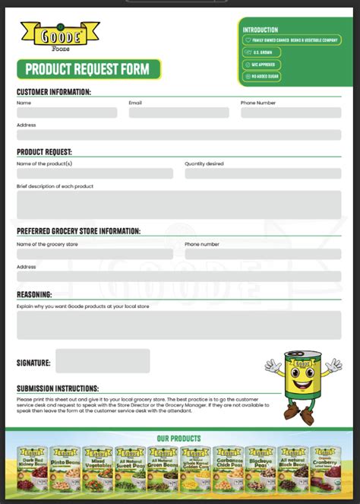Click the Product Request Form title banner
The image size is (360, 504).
coord(88,70)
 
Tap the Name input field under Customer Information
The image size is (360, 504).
coord(67,113)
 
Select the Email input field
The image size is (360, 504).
coord(178,113)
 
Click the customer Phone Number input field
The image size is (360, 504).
coord(291,113)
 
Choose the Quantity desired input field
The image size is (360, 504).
coord(263,173)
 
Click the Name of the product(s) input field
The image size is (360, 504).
coord(95,173)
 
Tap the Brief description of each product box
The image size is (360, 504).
coord(178,204)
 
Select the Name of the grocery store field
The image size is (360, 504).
coord(95,254)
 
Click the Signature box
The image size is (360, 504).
coord(103,361)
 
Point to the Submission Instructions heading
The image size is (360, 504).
coord(58,388)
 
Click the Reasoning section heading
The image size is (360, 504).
coord(34,294)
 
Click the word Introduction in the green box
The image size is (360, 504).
coord(261,30)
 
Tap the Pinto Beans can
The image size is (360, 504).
coord(65,465)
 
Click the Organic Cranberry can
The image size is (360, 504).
coord(324,465)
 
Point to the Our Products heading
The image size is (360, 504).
coord(179,439)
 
